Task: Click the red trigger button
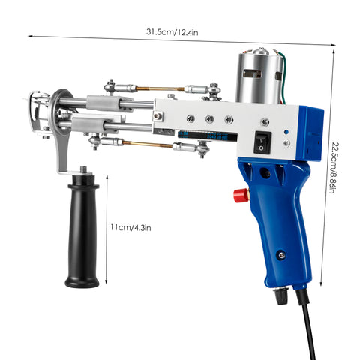click(x=241, y=196)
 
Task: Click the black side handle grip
click(x=82, y=233)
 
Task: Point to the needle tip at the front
click(x=31, y=112)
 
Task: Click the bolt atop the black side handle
click(x=79, y=172)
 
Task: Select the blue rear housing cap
click(x=309, y=131)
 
